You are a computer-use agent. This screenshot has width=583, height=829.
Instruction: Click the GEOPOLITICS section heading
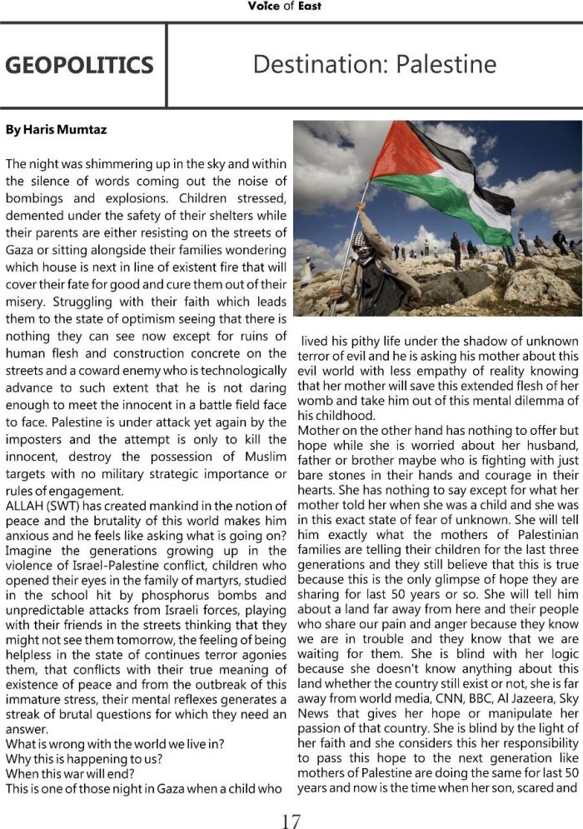click(79, 66)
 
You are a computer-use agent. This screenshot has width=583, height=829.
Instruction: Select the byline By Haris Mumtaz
click(56, 130)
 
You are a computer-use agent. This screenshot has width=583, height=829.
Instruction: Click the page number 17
click(291, 821)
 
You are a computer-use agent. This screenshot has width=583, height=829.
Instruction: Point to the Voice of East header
click(284, 7)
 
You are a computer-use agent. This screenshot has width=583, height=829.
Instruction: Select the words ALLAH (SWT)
click(41, 507)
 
